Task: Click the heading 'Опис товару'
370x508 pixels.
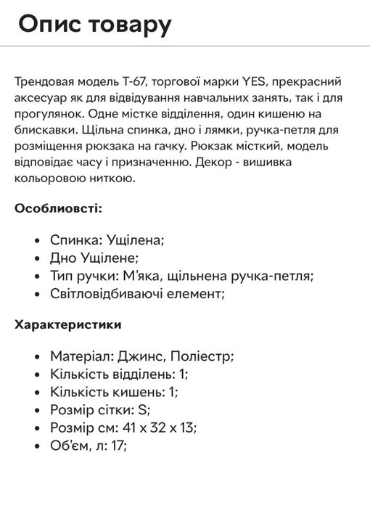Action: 95,25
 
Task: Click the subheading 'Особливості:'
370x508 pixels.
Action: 59,208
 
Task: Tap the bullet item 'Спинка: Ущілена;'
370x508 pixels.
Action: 107,239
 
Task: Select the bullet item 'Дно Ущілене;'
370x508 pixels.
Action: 94,258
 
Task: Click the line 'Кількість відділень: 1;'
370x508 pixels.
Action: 120,374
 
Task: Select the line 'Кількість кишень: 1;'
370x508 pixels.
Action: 115,392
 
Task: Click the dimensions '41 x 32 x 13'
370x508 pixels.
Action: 157,427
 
